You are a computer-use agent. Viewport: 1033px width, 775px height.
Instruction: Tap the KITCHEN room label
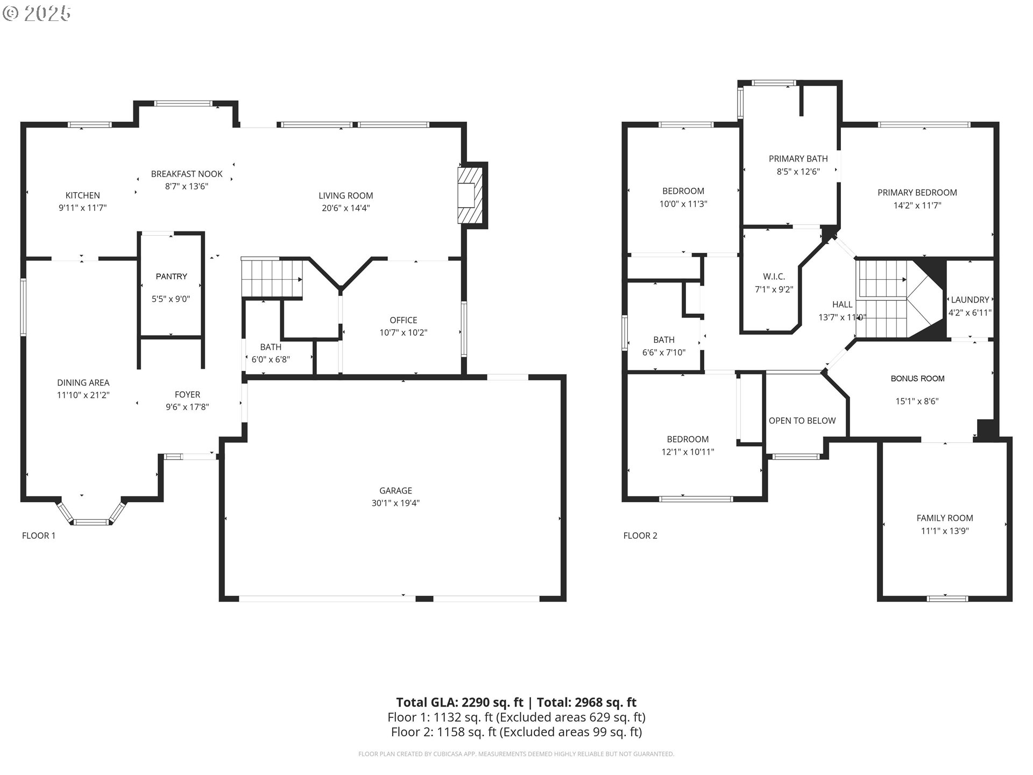[82, 195]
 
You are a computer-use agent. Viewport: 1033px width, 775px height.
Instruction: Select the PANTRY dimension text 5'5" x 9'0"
[171, 299]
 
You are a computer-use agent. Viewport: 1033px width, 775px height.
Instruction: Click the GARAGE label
[395, 490]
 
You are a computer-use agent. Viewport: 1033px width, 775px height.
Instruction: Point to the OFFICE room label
[403, 320]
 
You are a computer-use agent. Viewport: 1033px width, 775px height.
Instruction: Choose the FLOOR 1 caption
[38, 536]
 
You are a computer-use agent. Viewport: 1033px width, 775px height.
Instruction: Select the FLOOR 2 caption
[640, 536]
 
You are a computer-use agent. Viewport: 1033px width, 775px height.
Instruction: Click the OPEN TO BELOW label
[802, 420]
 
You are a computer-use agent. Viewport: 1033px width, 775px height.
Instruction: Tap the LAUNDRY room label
[970, 300]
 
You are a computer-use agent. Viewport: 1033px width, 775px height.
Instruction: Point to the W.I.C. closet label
[774, 276]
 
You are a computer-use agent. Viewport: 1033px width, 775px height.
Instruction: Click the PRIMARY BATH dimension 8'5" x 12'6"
[798, 172]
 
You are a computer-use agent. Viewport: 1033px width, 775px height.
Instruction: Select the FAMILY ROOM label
[944, 518]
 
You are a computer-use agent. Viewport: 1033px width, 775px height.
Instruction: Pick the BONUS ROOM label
[917, 378]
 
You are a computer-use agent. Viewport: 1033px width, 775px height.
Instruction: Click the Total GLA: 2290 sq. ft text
[459, 702]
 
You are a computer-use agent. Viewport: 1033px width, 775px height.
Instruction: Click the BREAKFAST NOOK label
[187, 174]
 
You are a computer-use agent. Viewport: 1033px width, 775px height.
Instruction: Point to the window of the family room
[947, 597]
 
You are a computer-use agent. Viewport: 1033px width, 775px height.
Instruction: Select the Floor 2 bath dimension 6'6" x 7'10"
[663, 353]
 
